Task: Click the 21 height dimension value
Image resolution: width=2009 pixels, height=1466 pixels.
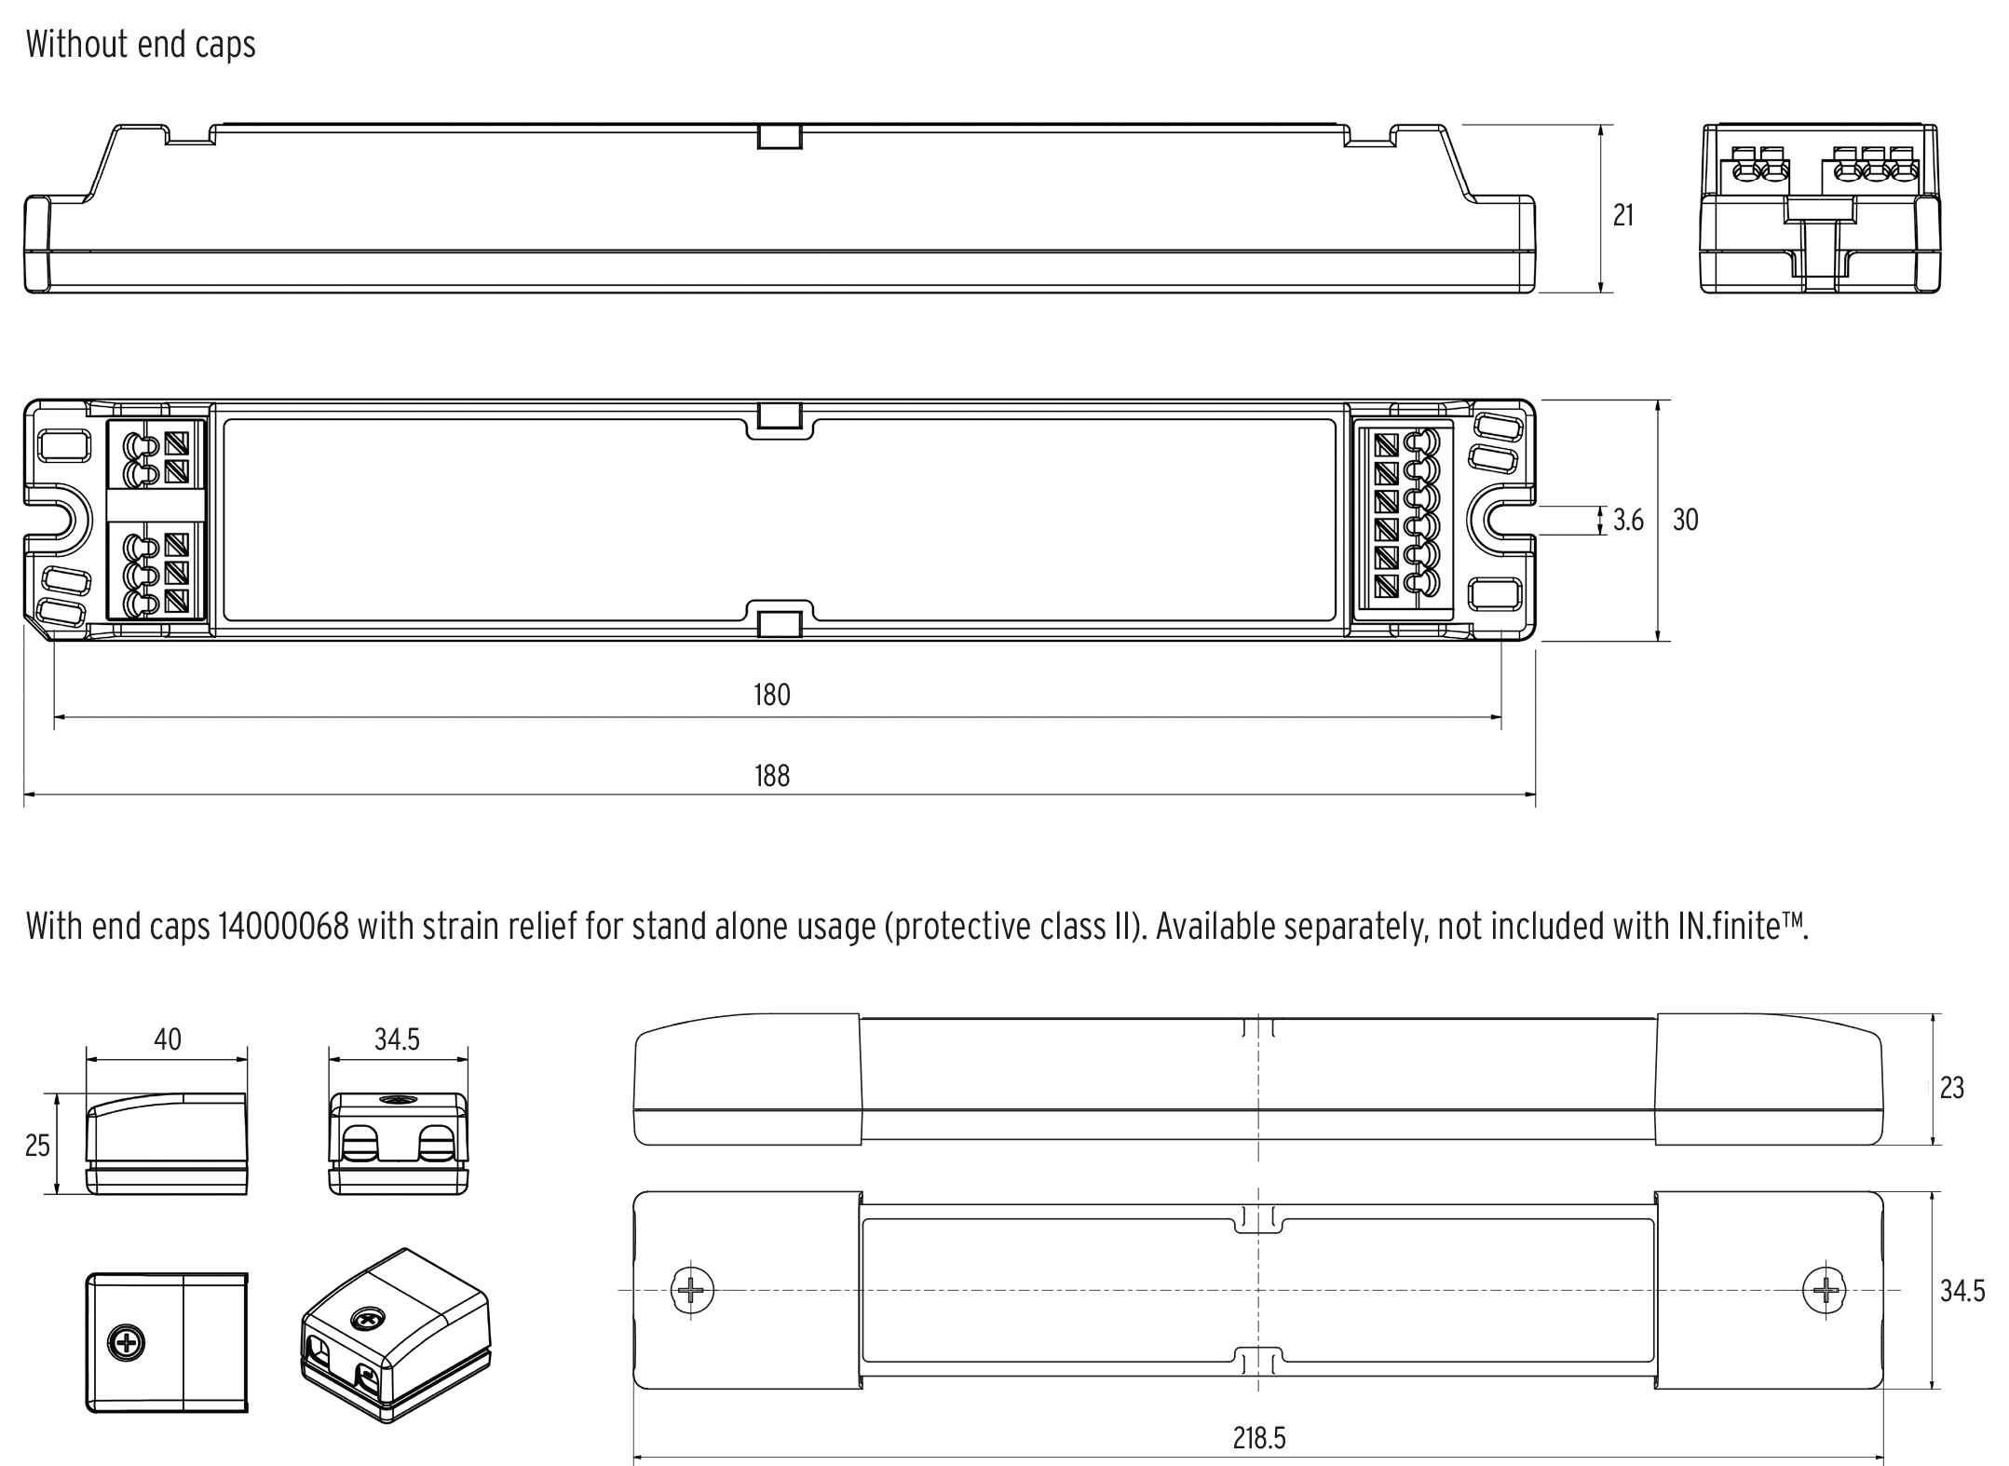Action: click(1622, 215)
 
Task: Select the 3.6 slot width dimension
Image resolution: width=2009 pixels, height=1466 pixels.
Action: click(1628, 521)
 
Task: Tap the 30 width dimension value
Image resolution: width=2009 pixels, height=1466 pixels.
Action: click(1685, 521)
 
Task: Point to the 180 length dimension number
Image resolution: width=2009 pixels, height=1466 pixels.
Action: click(771, 695)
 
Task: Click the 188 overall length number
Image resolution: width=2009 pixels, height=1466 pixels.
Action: click(771, 776)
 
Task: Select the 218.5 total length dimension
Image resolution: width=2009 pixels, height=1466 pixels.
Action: click(1258, 1438)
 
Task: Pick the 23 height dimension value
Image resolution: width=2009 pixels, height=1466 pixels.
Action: click(1951, 1088)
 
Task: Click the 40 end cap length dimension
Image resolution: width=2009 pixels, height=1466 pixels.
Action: click(168, 1039)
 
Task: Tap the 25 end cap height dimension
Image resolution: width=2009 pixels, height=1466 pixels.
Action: click(37, 1146)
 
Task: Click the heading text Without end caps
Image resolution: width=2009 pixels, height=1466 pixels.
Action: click(141, 45)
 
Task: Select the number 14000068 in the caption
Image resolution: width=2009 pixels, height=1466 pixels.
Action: click(283, 927)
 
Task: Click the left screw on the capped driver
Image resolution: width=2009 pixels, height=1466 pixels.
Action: click(692, 1290)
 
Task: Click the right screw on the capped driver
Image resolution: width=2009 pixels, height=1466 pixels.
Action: click(1824, 1290)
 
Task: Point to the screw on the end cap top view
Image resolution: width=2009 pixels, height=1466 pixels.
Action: click(127, 1342)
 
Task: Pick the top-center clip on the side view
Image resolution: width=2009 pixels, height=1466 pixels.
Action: click(780, 136)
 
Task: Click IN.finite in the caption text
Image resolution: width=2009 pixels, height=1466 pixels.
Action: click(1742, 927)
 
